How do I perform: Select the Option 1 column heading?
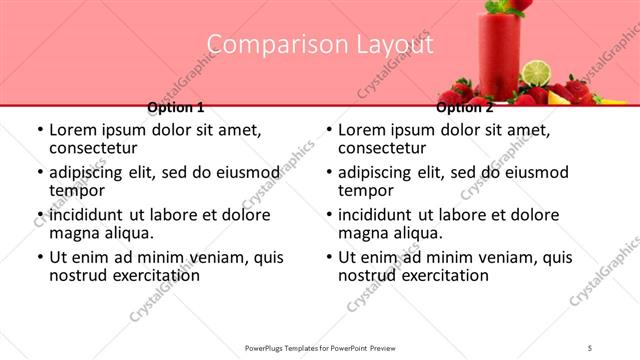(176, 107)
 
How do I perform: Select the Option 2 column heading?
(465, 107)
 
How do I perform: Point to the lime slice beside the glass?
(537, 73)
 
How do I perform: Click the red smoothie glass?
(498, 55)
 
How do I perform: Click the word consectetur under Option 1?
(93, 148)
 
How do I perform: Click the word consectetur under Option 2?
(382, 148)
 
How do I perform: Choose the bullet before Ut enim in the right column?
(329, 257)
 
